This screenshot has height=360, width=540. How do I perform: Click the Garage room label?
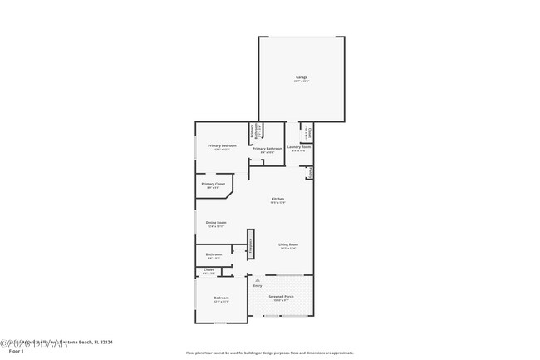tap(301, 77)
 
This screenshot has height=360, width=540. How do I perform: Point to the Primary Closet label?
tap(213, 183)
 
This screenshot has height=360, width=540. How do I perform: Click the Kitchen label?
tap(278, 198)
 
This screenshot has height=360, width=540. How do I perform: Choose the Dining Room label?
tap(216, 222)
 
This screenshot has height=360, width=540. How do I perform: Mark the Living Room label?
tap(288, 244)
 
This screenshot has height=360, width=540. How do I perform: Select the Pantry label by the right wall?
tap(310, 172)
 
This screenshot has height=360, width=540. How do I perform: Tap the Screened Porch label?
tap(281, 295)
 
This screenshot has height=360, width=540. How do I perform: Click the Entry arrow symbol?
tap(258, 280)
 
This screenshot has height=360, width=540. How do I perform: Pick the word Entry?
tap(258, 286)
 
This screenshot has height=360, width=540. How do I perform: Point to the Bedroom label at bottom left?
tap(221, 297)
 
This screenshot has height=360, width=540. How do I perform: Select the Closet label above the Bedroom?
tap(209, 269)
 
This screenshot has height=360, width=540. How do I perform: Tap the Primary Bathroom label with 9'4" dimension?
tap(268, 148)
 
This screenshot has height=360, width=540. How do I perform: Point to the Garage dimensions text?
tap(301, 81)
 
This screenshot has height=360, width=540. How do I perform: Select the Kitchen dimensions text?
tap(278, 203)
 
